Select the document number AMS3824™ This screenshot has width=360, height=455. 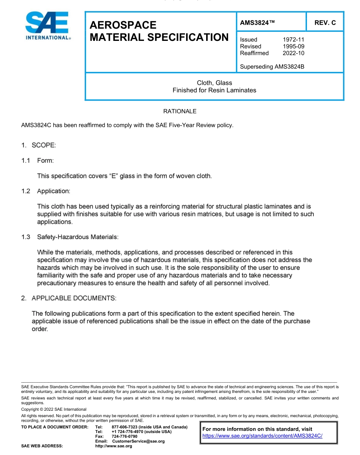click(257, 23)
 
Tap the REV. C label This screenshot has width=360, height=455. click(325, 23)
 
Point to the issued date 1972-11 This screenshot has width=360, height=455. click(293, 39)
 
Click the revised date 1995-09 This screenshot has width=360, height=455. click(293, 46)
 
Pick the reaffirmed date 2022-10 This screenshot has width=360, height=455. click(293, 53)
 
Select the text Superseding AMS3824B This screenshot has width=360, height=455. click(272, 67)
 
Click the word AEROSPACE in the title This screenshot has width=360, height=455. click(123, 25)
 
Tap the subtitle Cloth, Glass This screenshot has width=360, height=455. click(214, 83)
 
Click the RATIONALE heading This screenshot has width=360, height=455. click(180, 111)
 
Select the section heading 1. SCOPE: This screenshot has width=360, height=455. click(38, 145)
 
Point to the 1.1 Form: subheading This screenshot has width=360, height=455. click(38, 160)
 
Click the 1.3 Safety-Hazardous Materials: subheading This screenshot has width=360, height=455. click(70, 237)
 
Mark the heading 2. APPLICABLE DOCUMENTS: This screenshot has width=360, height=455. click(69, 298)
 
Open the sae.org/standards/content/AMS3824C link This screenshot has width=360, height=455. click(262, 436)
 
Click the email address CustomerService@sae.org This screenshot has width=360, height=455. click(138, 441)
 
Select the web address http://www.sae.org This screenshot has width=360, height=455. click(114, 446)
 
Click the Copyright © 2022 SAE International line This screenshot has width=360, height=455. click(54, 409)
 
